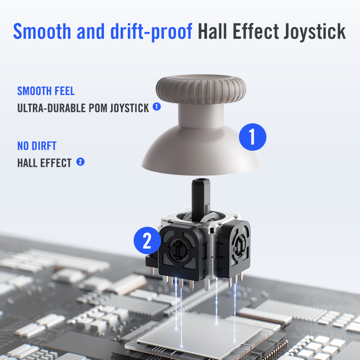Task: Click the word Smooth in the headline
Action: (42, 31)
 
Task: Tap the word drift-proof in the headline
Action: (151, 31)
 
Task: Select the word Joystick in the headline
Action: (314, 31)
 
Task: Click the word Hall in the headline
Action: (212, 31)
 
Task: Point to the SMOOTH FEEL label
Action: (46, 91)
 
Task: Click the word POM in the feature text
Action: (98, 108)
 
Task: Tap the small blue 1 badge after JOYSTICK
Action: (157, 107)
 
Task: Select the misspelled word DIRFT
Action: (44, 146)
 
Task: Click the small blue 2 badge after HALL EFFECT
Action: (81, 162)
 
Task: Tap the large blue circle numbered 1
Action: (252, 137)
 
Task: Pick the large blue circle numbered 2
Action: (147, 240)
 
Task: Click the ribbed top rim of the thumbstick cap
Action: (201, 89)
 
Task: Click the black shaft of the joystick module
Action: (201, 198)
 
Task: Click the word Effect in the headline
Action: (256, 31)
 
